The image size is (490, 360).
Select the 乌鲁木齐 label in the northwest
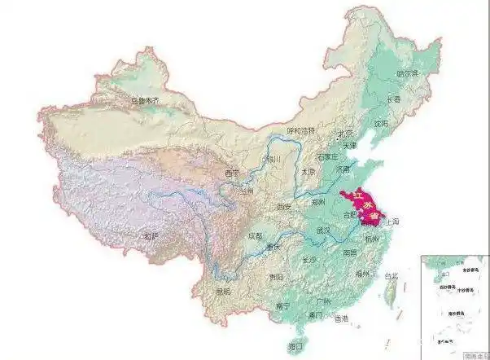coord(143,101)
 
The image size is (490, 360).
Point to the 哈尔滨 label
coord(406,73)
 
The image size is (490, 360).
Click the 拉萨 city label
coord(151,236)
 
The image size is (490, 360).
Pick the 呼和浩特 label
coord(299,130)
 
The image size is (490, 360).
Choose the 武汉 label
coord(323,230)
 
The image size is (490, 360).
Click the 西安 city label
coord(283,208)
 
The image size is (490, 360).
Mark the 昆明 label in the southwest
coord(223,291)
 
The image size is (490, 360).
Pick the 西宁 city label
coord(232,173)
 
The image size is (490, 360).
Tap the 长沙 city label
coord(309,260)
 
